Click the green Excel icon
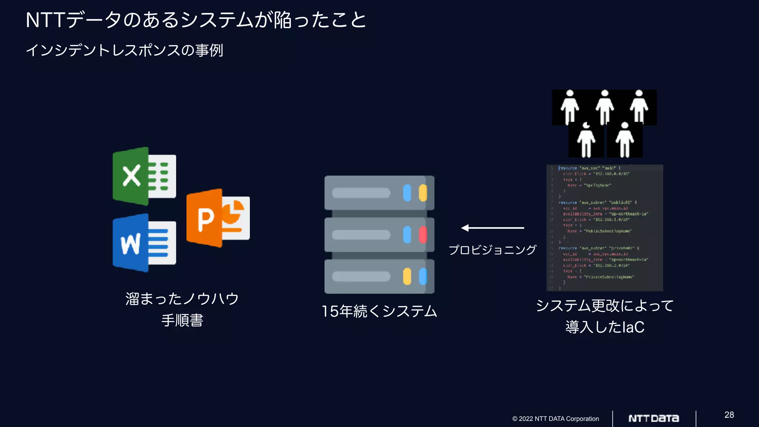point(144,176)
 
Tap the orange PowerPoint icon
point(218,218)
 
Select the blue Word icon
point(144,243)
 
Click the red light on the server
point(422,235)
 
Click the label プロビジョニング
point(492,250)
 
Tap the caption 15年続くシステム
point(379,311)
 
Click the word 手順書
point(182,320)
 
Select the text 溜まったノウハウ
point(182,299)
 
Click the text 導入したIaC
point(605,327)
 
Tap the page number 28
point(729,415)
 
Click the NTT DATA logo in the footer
point(654,418)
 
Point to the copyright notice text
point(555,419)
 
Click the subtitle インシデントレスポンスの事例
point(125,50)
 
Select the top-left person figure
point(570,106)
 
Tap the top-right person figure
point(639,106)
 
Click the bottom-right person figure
point(625,140)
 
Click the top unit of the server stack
point(379,193)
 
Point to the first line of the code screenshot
point(589,168)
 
